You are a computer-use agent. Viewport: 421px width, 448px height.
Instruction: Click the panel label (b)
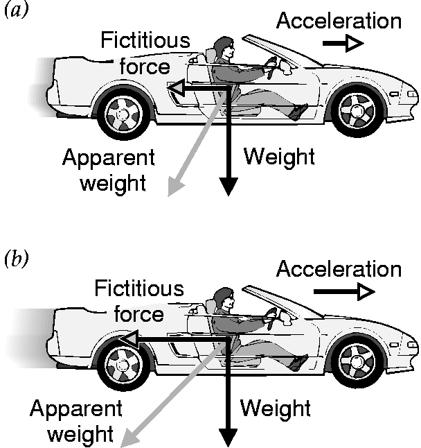[16, 261]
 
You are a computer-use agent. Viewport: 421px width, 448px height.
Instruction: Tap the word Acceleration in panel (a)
[339, 21]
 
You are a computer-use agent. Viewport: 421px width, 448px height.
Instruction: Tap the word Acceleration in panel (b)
[339, 268]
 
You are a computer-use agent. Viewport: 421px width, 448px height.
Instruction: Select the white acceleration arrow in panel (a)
[343, 44]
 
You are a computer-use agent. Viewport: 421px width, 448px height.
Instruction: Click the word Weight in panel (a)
[278, 157]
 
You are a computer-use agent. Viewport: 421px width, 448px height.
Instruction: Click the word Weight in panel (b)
[275, 408]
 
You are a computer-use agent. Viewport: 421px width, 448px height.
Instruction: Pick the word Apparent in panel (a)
[108, 158]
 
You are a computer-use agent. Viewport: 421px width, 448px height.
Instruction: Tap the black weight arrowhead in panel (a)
[228, 187]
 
